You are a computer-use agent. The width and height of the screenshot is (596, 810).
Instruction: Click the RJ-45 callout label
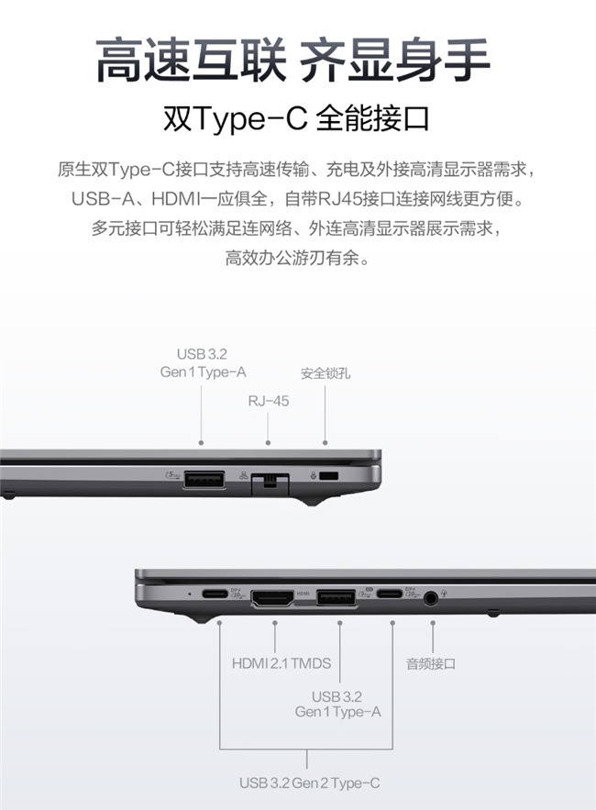(x=268, y=401)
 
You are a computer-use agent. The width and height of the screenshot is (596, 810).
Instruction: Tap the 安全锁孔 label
(x=326, y=373)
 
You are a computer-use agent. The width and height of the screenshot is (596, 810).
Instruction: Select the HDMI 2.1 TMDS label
(x=281, y=663)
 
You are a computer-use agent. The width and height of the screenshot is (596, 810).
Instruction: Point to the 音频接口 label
(x=431, y=663)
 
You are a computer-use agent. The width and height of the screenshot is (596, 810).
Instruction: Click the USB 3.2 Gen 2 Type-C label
(x=309, y=783)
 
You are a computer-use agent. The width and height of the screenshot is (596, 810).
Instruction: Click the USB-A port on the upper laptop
(x=204, y=479)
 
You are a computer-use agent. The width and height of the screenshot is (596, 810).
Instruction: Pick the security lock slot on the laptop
(x=329, y=476)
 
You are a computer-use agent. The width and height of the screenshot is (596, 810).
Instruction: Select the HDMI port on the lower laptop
(x=272, y=598)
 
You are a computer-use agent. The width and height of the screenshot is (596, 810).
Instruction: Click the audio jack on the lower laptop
(x=430, y=598)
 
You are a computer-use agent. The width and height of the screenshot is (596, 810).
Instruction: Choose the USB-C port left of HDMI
(x=215, y=594)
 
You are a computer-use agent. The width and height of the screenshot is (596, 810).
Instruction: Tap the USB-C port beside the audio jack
(x=390, y=594)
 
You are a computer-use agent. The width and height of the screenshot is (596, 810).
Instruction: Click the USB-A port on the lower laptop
(x=337, y=598)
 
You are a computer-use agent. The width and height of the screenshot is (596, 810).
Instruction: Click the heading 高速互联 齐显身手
(x=292, y=61)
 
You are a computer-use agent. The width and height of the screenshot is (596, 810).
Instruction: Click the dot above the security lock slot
(x=325, y=443)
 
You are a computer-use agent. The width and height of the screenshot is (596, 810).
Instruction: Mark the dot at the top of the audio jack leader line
(x=432, y=623)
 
